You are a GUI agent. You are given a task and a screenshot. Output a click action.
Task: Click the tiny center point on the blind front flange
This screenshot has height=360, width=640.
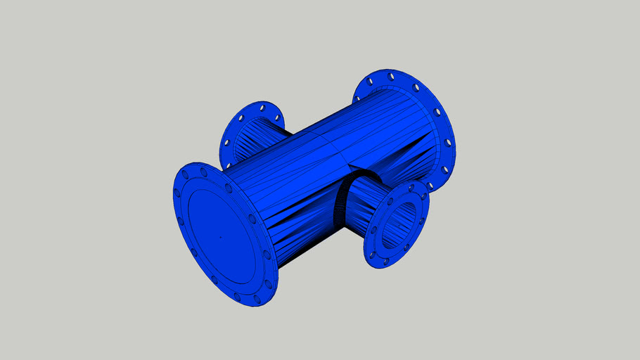(x=220, y=237)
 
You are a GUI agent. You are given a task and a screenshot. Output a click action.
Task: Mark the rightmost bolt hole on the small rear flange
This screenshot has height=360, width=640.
(x=279, y=117)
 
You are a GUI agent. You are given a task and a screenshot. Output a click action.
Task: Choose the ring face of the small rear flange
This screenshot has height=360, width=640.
(x=235, y=134)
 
